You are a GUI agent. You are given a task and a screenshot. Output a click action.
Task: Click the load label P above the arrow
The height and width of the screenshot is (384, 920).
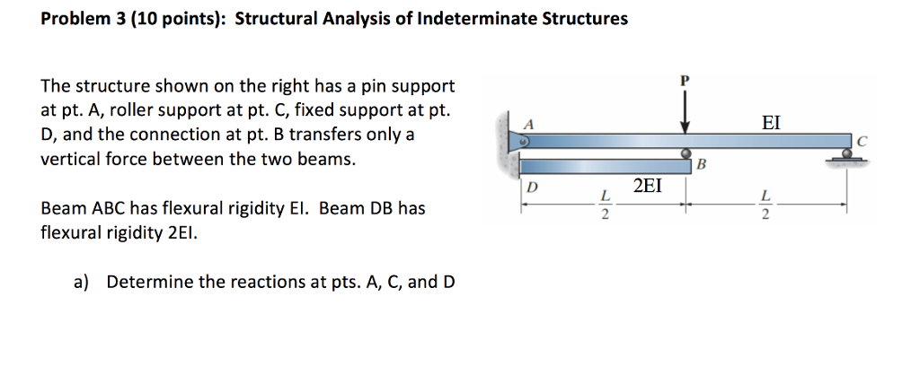click(686, 79)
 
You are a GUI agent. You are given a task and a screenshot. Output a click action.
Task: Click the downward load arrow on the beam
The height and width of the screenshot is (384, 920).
click(686, 112)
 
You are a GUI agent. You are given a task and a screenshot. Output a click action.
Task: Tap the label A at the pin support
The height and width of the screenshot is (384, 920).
click(528, 124)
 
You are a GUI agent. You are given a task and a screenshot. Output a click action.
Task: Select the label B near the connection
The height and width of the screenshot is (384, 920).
click(703, 165)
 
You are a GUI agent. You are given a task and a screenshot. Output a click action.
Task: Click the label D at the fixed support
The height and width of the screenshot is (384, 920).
click(531, 188)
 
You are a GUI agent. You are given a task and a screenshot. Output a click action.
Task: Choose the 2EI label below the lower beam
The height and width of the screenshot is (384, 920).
click(649, 187)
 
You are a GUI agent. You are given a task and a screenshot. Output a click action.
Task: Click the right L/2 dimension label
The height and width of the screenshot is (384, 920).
click(765, 205)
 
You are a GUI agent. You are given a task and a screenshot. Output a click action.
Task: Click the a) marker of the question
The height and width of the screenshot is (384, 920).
click(82, 282)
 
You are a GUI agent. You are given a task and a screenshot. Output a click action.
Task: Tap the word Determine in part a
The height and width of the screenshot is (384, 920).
click(144, 282)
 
